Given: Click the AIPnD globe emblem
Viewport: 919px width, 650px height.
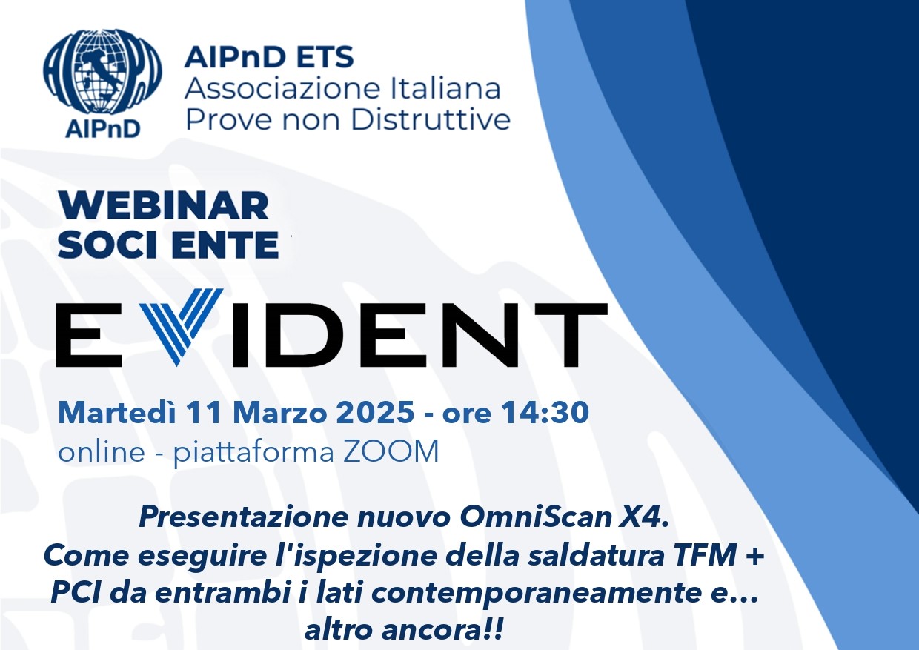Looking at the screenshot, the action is (x=102, y=72).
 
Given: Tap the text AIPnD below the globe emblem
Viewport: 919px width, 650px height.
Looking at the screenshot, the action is (x=103, y=129).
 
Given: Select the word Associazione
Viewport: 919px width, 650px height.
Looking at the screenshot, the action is (x=282, y=89).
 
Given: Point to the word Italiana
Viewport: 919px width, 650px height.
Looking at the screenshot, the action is (x=445, y=89).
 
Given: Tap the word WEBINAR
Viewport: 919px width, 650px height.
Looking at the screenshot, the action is (x=164, y=206).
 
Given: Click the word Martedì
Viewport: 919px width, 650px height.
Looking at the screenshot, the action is (x=117, y=412).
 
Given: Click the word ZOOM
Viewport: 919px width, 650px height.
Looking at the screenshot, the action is (x=391, y=452).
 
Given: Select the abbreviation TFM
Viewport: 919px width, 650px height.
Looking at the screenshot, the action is (x=704, y=555).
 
